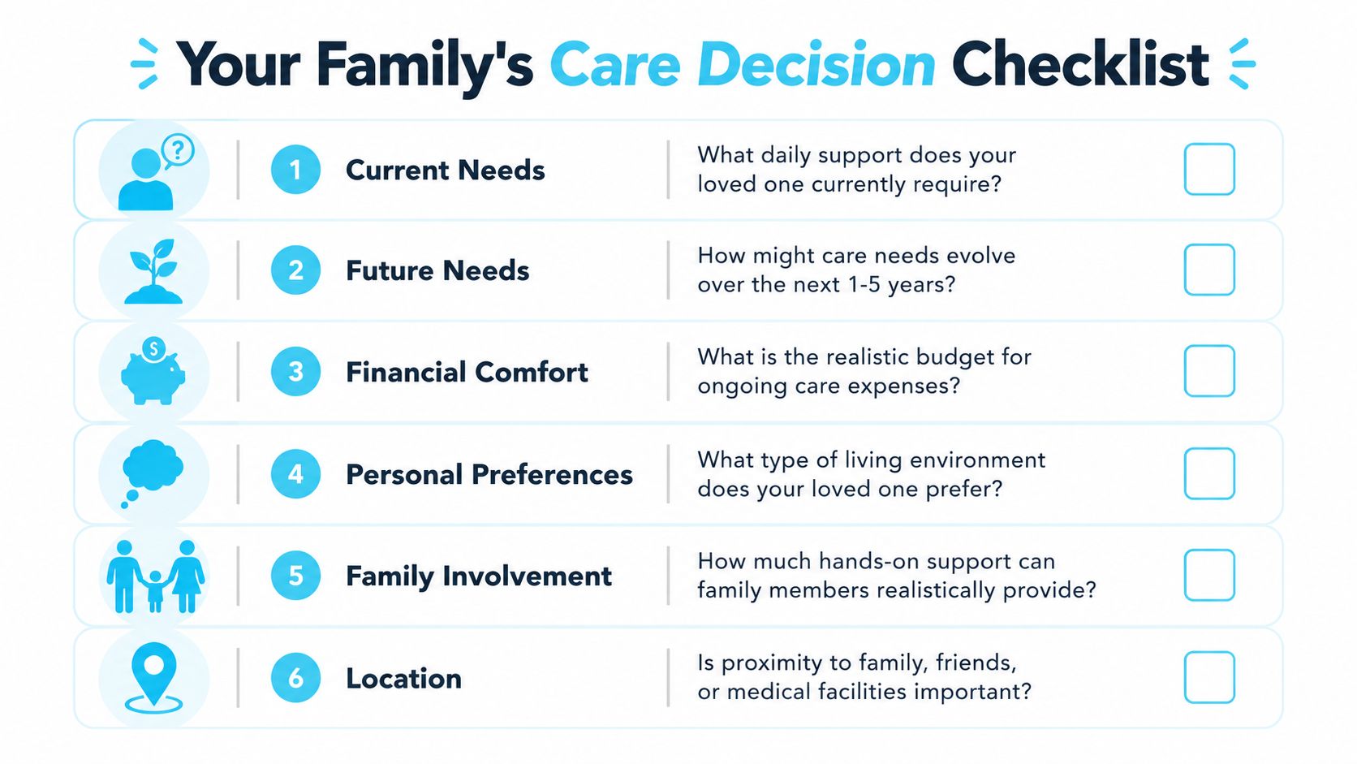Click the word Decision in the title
[816, 65]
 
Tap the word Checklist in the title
[1080, 63]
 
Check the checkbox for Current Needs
[1209, 169]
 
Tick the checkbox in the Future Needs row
[1209, 270]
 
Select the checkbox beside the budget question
[1209, 371]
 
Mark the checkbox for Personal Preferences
[1209, 473]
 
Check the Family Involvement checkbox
[1209, 575]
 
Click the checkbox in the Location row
[1209, 677]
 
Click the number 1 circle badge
[295, 170]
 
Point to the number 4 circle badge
[295, 474]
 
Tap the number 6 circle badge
[295, 678]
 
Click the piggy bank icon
[153, 376]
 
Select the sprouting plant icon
[153, 271]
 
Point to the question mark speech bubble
[178, 150]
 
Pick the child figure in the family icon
[155, 590]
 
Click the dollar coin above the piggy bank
[153, 349]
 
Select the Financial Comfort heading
[467, 372]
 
